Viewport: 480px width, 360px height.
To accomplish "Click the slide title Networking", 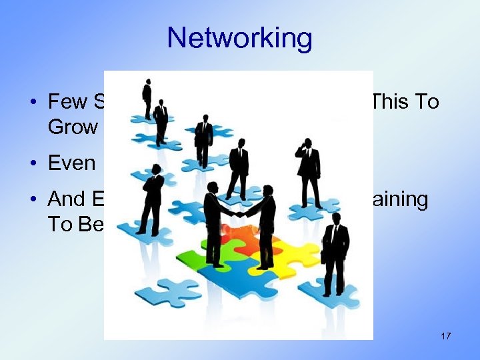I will click(239, 38).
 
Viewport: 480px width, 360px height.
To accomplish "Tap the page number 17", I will click(445, 336).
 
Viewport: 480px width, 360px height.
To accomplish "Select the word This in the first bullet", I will click(395, 101).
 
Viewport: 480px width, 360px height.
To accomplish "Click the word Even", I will click(72, 163).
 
